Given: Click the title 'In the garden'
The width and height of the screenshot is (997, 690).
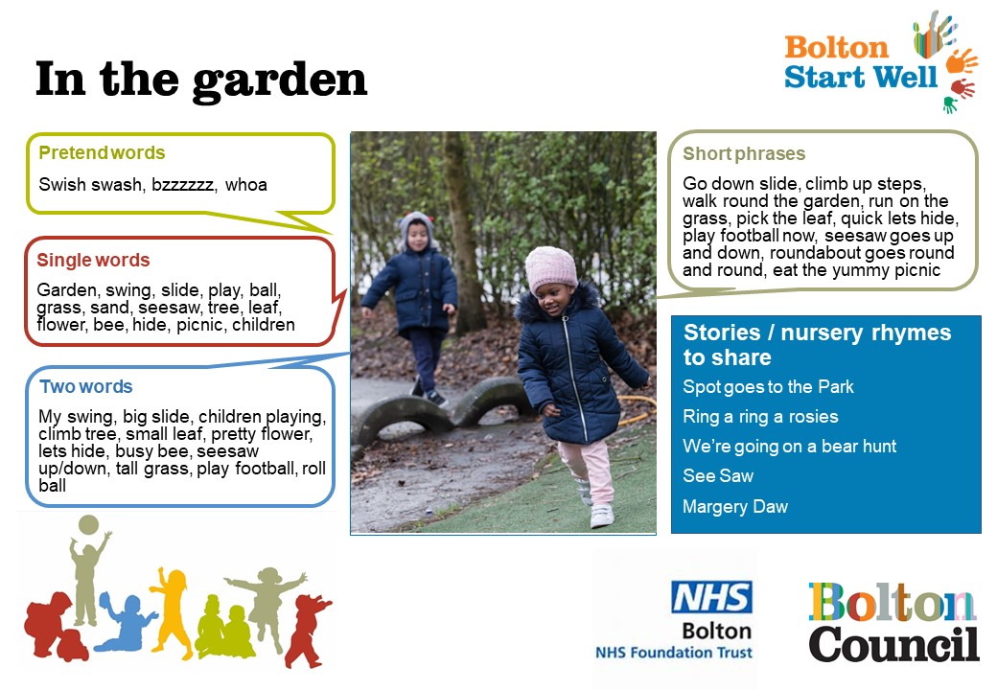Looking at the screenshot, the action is click(x=201, y=80).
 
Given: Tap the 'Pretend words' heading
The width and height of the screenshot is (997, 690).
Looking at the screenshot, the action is click(x=102, y=153).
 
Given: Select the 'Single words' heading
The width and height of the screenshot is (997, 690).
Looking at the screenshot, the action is click(x=94, y=260).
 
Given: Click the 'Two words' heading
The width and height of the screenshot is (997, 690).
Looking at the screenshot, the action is click(x=86, y=386).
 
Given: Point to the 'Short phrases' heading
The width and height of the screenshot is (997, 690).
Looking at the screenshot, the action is click(x=744, y=153).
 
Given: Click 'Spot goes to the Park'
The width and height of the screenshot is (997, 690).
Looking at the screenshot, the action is click(x=768, y=387).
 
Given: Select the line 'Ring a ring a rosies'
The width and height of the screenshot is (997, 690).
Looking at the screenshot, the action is click(x=760, y=417).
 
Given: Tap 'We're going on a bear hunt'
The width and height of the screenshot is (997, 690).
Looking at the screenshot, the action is click(x=789, y=446).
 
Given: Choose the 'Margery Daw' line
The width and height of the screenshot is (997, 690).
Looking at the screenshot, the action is click(x=735, y=506).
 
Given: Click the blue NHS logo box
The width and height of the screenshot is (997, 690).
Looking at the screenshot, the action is click(x=711, y=597).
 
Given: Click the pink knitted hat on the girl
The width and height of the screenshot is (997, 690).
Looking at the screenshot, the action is click(x=550, y=268).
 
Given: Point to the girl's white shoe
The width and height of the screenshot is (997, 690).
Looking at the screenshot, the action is click(x=601, y=516).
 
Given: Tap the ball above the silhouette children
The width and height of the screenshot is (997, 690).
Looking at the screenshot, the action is click(x=88, y=525).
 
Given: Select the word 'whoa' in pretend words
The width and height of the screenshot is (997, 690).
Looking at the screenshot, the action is click(x=246, y=185).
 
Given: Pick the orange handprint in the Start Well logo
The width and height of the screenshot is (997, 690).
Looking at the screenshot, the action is click(x=961, y=61).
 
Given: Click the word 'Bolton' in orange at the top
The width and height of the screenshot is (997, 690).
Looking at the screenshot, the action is click(x=836, y=48).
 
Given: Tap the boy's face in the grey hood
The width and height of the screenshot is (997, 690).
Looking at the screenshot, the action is click(x=416, y=236).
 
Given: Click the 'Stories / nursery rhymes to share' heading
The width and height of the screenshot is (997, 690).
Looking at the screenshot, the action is click(x=817, y=344).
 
